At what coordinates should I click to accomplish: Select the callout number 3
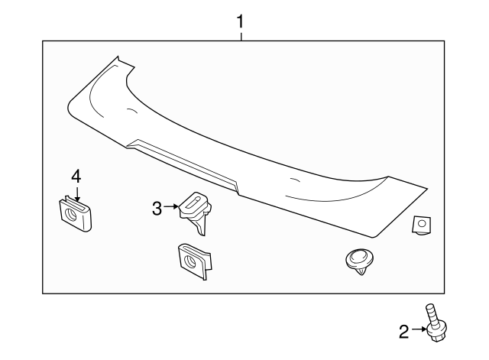(157, 208)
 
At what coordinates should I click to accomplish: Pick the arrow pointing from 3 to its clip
(172, 207)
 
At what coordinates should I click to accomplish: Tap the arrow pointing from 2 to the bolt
(419, 331)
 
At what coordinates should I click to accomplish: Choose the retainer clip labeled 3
(196, 211)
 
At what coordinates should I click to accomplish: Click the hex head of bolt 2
(436, 330)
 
